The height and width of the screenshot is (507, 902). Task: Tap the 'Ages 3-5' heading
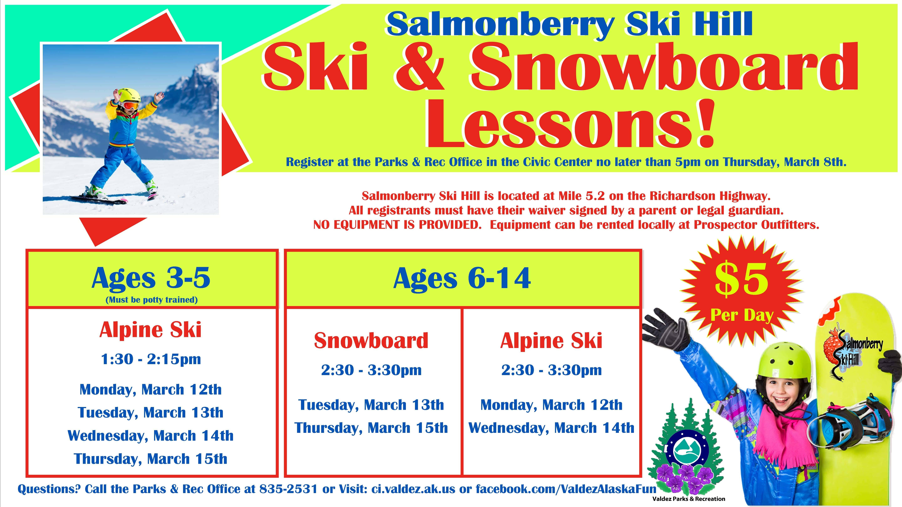(x=151, y=278)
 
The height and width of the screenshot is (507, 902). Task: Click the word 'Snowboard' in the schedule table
(x=371, y=341)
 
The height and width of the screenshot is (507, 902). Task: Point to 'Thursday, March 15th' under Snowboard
(x=371, y=428)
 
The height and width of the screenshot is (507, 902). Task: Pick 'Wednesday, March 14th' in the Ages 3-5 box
(x=150, y=436)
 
